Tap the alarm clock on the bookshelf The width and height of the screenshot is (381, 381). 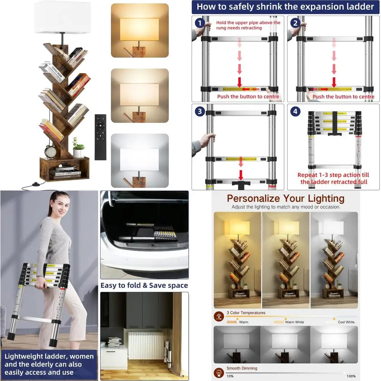tap(50, 151)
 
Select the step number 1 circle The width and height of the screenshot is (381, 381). tap(199, 23)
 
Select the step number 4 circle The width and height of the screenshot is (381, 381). tap(295, 112)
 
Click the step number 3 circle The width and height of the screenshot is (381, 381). tap(199, 112)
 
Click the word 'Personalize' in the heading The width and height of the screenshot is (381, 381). tap(253, 199)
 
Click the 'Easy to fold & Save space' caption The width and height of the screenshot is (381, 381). tap(144, 285)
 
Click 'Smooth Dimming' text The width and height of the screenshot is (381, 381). tap(242, 368)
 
